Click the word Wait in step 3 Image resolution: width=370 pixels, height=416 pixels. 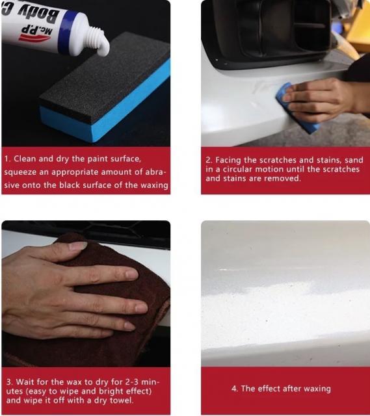[x=25, y=382]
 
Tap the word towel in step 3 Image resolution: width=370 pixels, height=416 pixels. [x=120, y=400]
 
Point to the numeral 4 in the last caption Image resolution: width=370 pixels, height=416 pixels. [x=234, y=389]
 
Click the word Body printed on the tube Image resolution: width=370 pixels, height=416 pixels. [x=40, y=14]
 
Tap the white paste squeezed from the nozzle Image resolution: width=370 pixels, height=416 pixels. [x=104, y=49]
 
